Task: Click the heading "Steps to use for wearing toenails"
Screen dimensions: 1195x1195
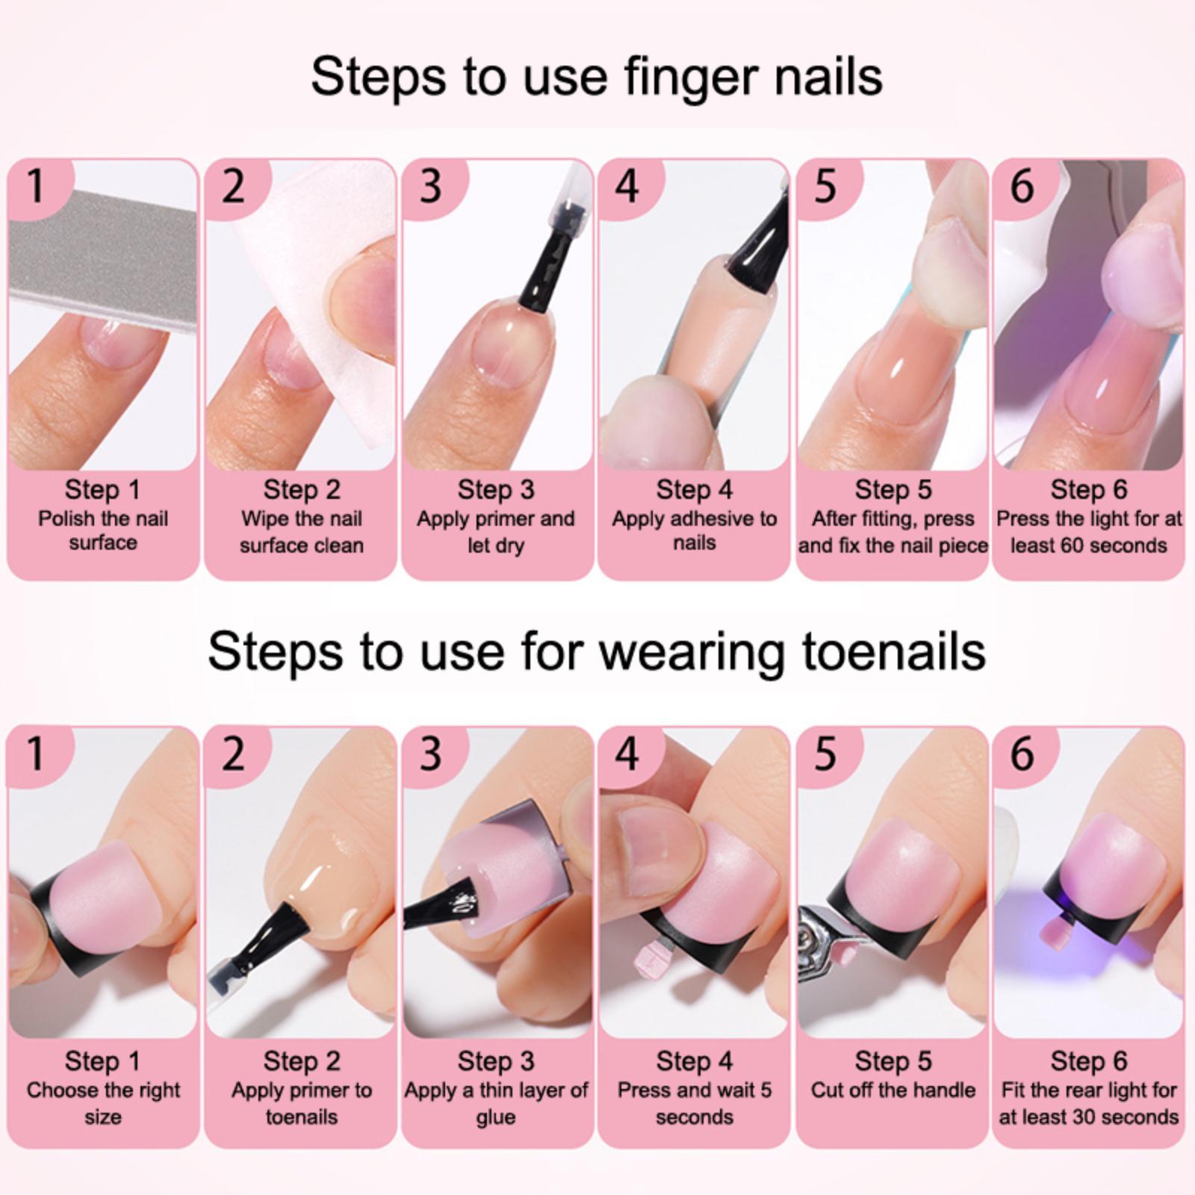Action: click(597, 651)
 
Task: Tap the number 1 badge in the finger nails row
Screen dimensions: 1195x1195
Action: click(36, 186)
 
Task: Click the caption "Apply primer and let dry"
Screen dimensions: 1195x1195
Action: click(496, 532)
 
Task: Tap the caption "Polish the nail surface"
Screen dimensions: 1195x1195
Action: click(103, 530)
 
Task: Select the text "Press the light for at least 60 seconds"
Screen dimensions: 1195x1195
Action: click(1089, 532)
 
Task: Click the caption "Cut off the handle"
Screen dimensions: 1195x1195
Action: click(893, 1090)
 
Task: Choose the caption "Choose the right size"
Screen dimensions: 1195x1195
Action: click(103, 1103)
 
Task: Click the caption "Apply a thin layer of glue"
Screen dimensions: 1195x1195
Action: click(496, 1103)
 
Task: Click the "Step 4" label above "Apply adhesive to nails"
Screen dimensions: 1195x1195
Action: click(695, 490)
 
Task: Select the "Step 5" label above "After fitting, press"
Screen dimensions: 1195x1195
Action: click(893, 490)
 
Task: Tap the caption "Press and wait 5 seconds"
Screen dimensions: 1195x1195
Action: click(695, 1103)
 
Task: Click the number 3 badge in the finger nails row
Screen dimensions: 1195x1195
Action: click(431, 186)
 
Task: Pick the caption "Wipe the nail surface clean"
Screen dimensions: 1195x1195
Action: click(302, 532)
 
